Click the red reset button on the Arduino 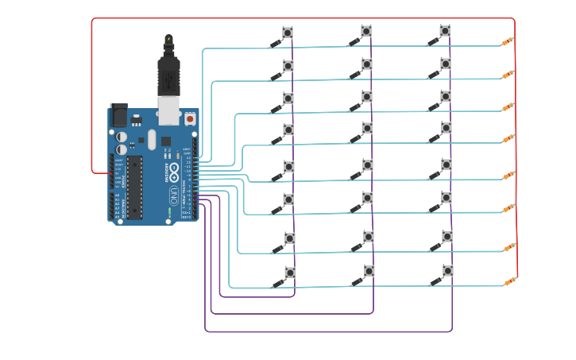coord(190,119)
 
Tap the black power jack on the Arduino coord(118,115)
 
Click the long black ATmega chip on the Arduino coord(134,187)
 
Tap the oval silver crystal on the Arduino coord(151,141)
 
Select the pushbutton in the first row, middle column coord(366,30)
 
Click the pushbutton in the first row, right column coord(445,30)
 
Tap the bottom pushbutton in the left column coord(290,272)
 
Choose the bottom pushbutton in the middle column coord(369,271)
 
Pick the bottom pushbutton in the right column coord(447,271)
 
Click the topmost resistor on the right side coord(508,41)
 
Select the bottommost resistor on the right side coord(508,281)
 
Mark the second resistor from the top coord(508,75)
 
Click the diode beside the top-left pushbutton coord(276,45)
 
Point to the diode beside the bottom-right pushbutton coord(435,281)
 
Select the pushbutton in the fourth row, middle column coord(366,127)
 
